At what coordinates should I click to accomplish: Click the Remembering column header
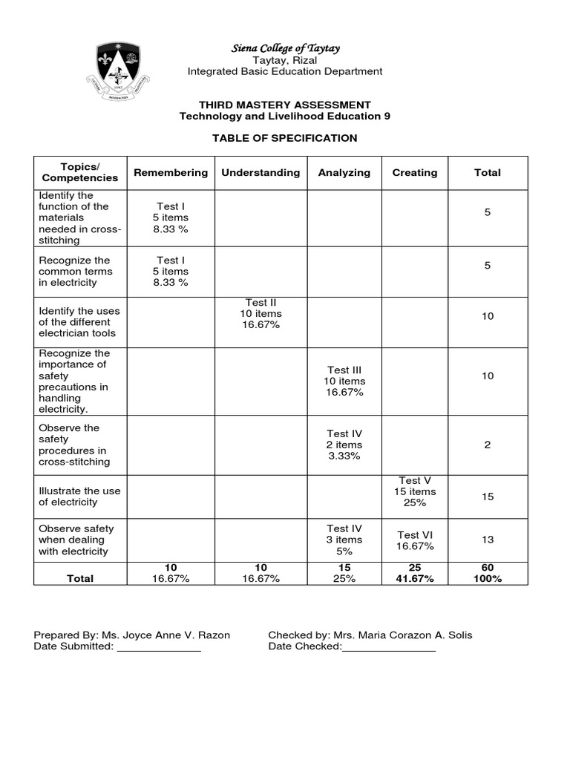(x=171, y=173)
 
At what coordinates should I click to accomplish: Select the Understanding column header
(x=261, y=173)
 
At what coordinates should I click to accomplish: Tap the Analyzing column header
(x=344, y=173)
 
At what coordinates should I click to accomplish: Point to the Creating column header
(x=415, y=173)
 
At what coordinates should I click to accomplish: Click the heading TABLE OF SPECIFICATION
(x=285, y=138)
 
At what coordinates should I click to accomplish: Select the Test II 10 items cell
(x=261, y=314)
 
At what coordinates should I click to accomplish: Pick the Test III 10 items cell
(x=344, y=381)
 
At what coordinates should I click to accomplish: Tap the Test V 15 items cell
(x=415, y=491)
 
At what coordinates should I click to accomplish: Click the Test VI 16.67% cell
(x=415, y=540)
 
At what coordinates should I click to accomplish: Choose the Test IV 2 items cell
(x=344, y=445)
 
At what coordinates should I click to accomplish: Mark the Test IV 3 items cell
(x=344, y=540)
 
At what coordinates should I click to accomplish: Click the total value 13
(x=488, y=540)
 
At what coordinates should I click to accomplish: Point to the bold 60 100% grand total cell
(x=488, y=573)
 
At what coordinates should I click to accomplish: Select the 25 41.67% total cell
(x=415, y=573)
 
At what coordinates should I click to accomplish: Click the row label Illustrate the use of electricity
(x=79, y=497)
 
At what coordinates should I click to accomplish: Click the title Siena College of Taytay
(x=285, y=48)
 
